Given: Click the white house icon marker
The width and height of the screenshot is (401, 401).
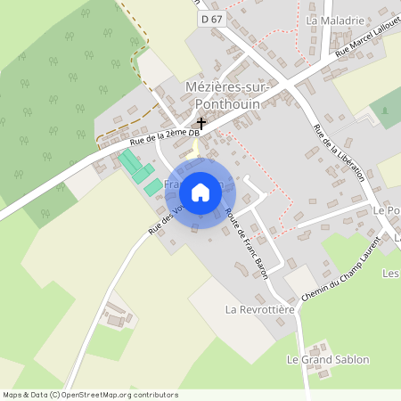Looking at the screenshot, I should [200, 192].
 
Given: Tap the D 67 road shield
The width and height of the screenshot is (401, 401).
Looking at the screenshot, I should [210, 18].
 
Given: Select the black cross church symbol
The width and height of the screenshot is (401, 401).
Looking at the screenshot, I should [201, 123].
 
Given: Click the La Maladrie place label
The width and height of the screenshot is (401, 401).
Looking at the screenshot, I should [335, 20].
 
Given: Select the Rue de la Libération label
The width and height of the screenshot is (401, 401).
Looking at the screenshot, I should [338, 152].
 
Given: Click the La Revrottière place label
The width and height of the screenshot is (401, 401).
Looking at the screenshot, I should [259, 310].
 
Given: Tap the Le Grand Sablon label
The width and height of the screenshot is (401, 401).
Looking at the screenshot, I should [327, 359].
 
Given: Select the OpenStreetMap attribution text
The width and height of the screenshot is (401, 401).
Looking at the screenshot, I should [89, 394].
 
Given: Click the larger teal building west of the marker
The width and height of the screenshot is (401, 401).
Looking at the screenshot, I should [131, 164].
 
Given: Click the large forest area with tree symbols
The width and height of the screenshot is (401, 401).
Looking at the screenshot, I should [58, 98].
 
